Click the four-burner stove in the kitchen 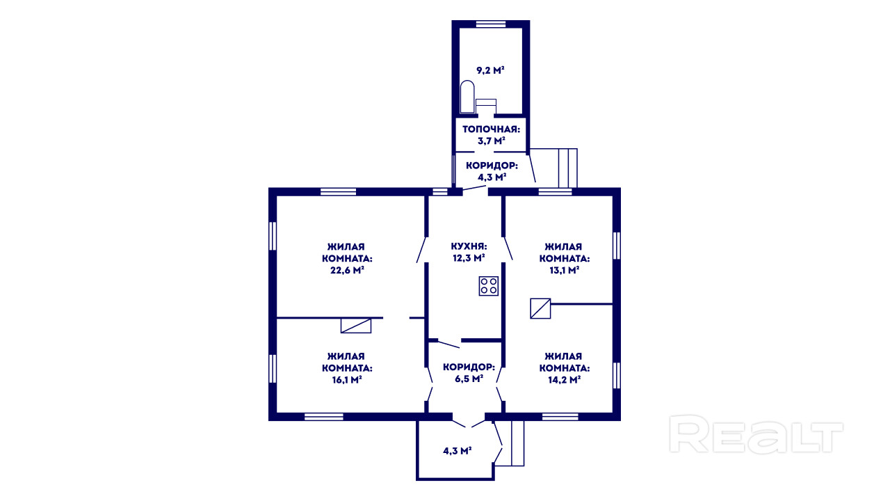coord(488,286)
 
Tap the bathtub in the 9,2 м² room coord(467,97)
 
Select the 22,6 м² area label coord(347,271)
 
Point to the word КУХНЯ coord(469,246)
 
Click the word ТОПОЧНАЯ coord(491,129)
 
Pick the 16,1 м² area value coord(347,380)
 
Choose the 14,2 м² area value coord(564,380)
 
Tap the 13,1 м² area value coord(564,271)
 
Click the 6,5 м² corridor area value coord(469,379)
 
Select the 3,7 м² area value coord(491,141)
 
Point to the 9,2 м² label coord(490,70)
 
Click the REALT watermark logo coord(756,434)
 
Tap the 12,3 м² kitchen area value coord(469,258)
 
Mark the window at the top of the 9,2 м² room coord(491,24)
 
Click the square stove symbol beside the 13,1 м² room coord(540,308)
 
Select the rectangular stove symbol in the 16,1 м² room coord(356,326)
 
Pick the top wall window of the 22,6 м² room coord(338,191)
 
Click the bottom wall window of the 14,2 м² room coord(560,417)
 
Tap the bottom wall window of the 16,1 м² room coord(324,417)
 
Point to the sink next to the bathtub coord(486,106)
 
